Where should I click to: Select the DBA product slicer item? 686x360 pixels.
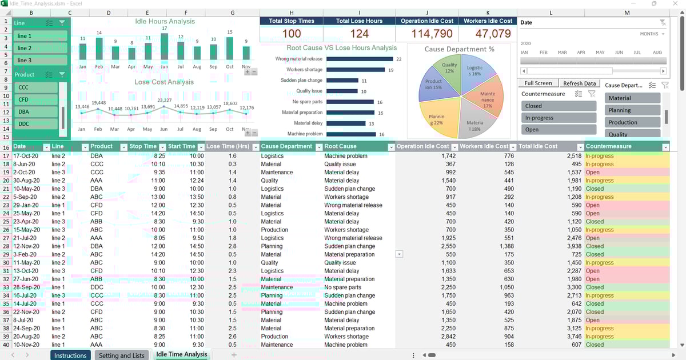coord(35,112)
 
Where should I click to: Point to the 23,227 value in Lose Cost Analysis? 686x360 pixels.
coord(164,101)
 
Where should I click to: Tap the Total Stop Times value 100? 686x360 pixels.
coord(292,34)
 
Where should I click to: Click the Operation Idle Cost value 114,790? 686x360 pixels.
coord(428,34)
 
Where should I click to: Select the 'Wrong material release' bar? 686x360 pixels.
coord(350,59)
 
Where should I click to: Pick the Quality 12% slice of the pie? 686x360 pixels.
coord(449,69)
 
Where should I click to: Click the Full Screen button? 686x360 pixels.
coord(538,83)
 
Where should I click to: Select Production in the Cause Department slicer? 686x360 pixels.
coord(632,122)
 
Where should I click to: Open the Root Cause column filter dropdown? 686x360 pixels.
coord(391,147)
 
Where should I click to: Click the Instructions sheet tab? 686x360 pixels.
coord(70,355)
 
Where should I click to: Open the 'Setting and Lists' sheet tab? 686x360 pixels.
coord(122,355)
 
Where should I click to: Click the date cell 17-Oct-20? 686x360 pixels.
coord(26,156)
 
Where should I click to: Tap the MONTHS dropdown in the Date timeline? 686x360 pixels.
coord(652,34)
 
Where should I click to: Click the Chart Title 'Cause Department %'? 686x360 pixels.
coord(459,49)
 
